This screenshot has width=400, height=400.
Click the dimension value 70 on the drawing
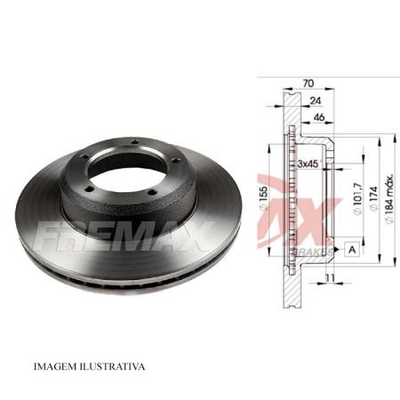pos(308,83)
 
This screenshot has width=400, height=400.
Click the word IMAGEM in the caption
pos(58,365)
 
